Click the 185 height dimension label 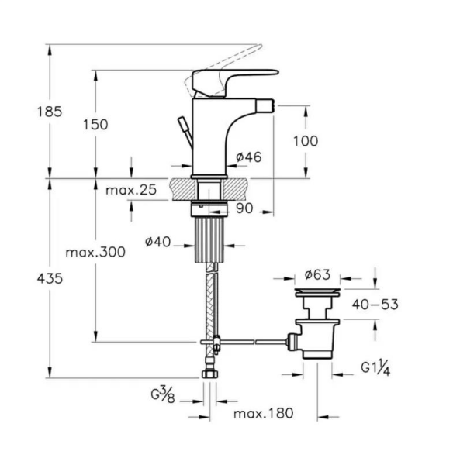[x=50, y=112]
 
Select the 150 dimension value [x=95, y=125]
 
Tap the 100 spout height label [x=306, y=141]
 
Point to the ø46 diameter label [x=249, y=157]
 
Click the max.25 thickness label [x=131, y=190]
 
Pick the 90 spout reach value [x=244, y=208]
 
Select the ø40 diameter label [x=158, y=242]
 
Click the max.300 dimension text [x=95, y=253]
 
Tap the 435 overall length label [x=50, y=279]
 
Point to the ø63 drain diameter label [x=317, y=274]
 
